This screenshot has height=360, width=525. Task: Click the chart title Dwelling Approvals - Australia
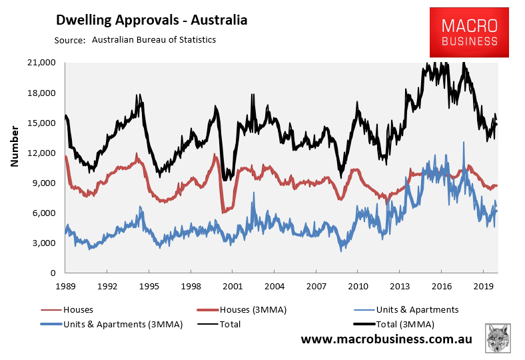(x=151, y=20)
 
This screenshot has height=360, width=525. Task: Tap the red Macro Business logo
(x=469, y=33)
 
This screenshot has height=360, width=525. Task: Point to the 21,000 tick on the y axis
(x=41, y=63)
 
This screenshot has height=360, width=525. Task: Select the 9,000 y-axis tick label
(x=44, y=183)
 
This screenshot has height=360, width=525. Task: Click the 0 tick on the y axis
(x=53, y=273)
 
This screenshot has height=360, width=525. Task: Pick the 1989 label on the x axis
(x=65, y=286)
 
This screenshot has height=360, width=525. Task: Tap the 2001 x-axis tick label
(x=233, y=286)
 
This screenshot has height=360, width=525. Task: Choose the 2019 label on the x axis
(x=483, y=286)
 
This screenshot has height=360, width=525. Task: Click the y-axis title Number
(x=15, y=147)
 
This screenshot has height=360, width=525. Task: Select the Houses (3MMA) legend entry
(x=241, y=310)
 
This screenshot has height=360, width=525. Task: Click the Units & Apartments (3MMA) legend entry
(x=111, y=325)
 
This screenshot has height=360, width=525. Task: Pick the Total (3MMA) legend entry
(x=394, y=325)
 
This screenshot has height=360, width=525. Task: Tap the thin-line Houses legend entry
(x=67, y=310)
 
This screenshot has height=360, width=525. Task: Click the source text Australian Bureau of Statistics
(x=154, y=40)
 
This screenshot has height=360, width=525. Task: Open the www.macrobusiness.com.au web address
(x=386, y=339)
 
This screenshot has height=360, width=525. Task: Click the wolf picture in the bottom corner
(x=498, y=338)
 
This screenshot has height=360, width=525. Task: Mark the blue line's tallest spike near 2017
(x=464, y=142)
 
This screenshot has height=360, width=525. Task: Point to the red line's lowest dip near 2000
(x=223, y=212)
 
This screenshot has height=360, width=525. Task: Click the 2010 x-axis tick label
(x=358, y=286)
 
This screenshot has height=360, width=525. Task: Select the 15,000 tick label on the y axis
(x=41, y=123)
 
